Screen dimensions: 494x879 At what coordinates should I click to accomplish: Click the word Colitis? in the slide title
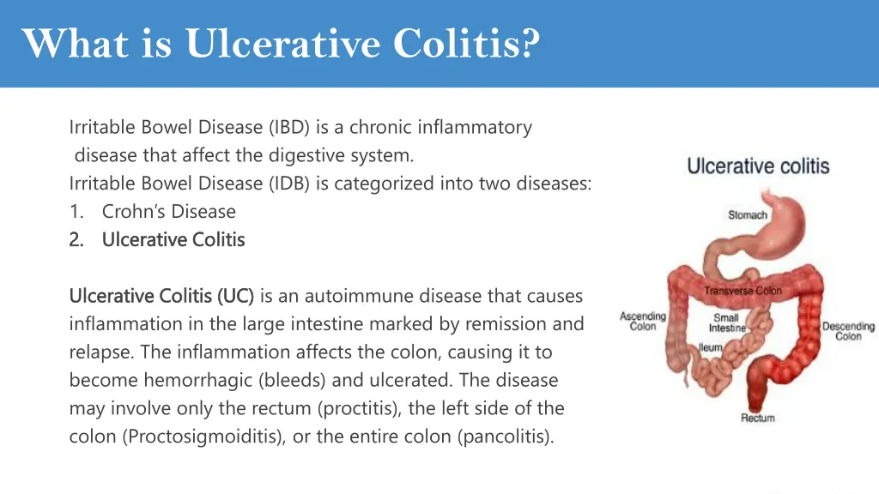[x=467, y=42]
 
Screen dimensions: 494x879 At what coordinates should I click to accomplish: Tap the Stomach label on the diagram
[x=747, y=214]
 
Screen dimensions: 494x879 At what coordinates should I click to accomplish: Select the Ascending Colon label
[x=642, y=322]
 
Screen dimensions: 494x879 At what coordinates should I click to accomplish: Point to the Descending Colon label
[x=847, y=331]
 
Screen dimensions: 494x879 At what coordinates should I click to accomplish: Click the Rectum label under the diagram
[x=757, y=418]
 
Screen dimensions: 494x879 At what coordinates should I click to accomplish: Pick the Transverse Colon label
[x=743, y=291]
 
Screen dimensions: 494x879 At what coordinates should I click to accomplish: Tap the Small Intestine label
[x=726, y=322]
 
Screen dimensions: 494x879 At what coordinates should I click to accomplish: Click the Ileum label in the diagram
[x=710, y=348]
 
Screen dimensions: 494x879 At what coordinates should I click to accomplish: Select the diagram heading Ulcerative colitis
[x=758, y=166]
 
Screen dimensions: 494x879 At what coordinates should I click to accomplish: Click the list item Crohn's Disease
[x=168, y=211]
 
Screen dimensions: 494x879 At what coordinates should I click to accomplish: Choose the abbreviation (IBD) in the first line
[x=289, y=127]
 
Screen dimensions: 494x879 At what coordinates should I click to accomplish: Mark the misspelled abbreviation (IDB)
[x=289, y=183]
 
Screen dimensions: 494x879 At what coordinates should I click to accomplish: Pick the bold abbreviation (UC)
[x=235, y=296]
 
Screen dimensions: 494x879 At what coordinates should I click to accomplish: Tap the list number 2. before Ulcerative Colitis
[x=76, y=239]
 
